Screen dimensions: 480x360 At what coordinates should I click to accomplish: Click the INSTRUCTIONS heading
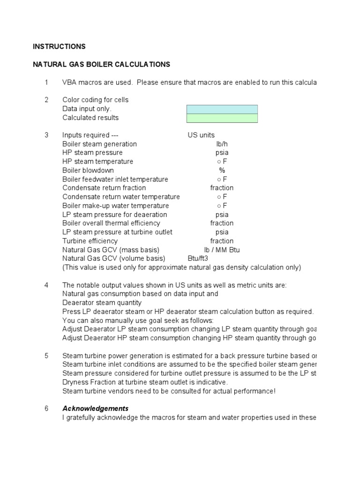tap(59, 46)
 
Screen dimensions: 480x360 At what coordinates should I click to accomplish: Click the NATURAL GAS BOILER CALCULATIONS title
tap(101, 64)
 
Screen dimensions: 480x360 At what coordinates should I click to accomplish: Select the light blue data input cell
tap(222, 109)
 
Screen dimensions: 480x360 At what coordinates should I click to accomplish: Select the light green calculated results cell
tap(222, 118)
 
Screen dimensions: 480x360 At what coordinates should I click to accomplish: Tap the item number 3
tap(46, 135)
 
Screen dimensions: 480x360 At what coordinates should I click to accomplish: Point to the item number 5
tap(46, 356)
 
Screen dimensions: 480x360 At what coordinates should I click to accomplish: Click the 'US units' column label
tap(201, 135)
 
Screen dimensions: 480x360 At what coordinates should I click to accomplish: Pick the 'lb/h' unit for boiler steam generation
tap(222, 144)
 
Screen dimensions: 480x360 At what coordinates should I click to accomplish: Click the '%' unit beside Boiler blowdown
tap(222, 171)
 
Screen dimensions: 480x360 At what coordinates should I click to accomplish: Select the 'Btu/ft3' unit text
tap(198, 259)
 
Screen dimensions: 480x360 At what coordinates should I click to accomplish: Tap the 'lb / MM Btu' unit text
tap(222, 250)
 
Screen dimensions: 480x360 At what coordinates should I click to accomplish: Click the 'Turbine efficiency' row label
tap(90, 241)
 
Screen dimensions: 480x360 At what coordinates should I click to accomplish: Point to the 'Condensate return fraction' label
tap(104, 188)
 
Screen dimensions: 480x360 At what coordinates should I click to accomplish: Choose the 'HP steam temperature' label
tap(97, 162)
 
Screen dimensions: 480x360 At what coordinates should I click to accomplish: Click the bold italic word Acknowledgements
tap(95, 409)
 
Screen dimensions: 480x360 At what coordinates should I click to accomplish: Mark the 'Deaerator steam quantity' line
tap(102, 303)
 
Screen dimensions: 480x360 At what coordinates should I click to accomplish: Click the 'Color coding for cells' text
tap(95, 100)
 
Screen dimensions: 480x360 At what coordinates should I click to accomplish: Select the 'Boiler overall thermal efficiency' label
tap(111, 223)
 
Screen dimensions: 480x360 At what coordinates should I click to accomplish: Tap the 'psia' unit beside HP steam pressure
tap(222, 153)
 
